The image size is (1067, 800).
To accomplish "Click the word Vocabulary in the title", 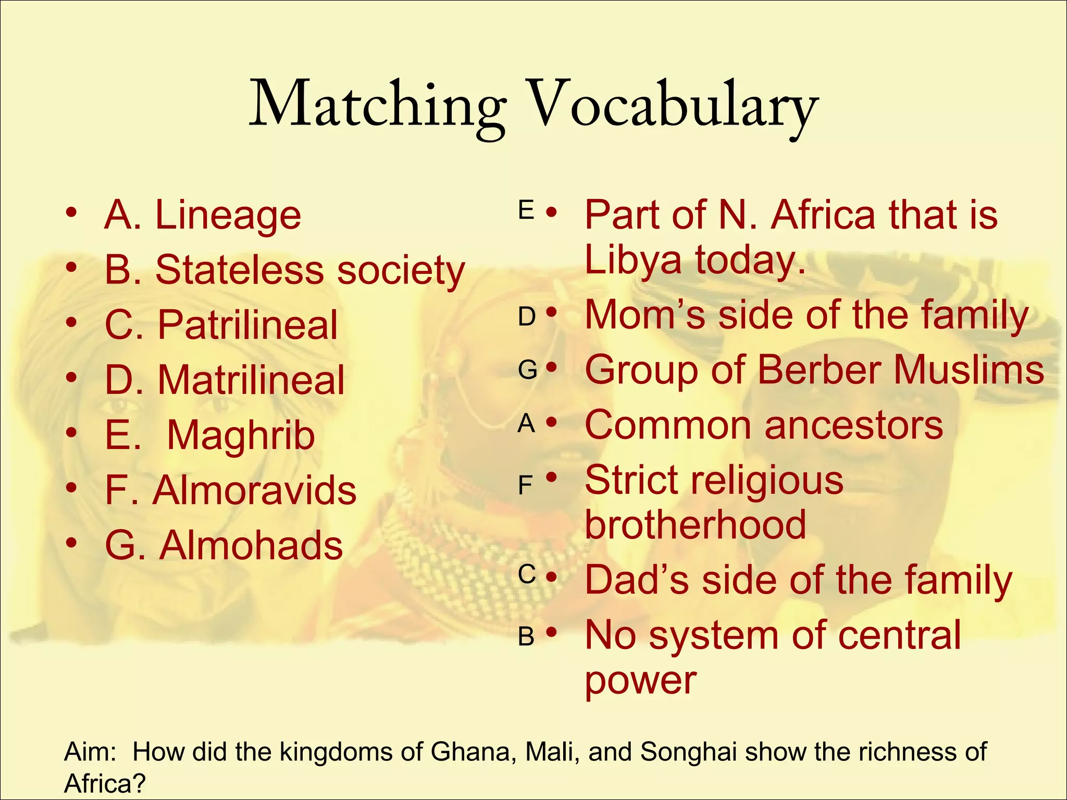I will tap(672, 107).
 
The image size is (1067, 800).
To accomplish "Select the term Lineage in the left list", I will tap(228, 216).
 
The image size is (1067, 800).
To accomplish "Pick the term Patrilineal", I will tap(247, 326).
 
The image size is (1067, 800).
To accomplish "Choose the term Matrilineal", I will tap(251, 380).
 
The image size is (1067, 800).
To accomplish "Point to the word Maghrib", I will tap(241, 435).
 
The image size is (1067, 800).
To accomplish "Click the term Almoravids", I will tap(254, 491).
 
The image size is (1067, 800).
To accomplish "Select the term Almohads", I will tap(251, 546).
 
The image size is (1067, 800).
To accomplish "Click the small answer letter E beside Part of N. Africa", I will tap(526, 211).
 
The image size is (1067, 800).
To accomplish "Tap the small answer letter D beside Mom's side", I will tap(527, 317).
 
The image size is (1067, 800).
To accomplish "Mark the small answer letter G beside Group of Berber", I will tap(527, 370).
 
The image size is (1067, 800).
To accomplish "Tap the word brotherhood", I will tap(696, 525).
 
